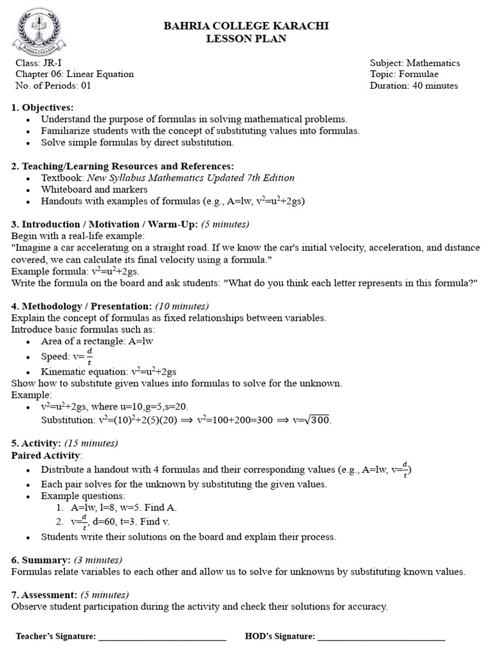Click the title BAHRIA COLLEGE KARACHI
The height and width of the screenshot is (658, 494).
[x=246, y=26]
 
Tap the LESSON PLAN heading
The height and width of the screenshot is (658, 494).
[x=246, y=39]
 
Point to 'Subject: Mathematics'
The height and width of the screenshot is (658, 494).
[x=415, y=63]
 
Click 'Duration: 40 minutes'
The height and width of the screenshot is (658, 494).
[x=414, y=85]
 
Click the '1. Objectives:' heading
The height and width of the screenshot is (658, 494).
[x=42, y=107]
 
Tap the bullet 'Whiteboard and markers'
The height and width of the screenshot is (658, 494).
[x=94, y=190]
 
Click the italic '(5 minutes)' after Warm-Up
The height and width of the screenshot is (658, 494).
[x=225, y=224]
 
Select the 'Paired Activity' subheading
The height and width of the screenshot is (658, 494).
[x=46, y=455]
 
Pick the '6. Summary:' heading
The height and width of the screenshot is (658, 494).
[x=41, y=560]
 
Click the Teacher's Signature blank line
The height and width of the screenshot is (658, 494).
[x=162, y=637]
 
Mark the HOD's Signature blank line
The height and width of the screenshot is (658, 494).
[x=381, y=637]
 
